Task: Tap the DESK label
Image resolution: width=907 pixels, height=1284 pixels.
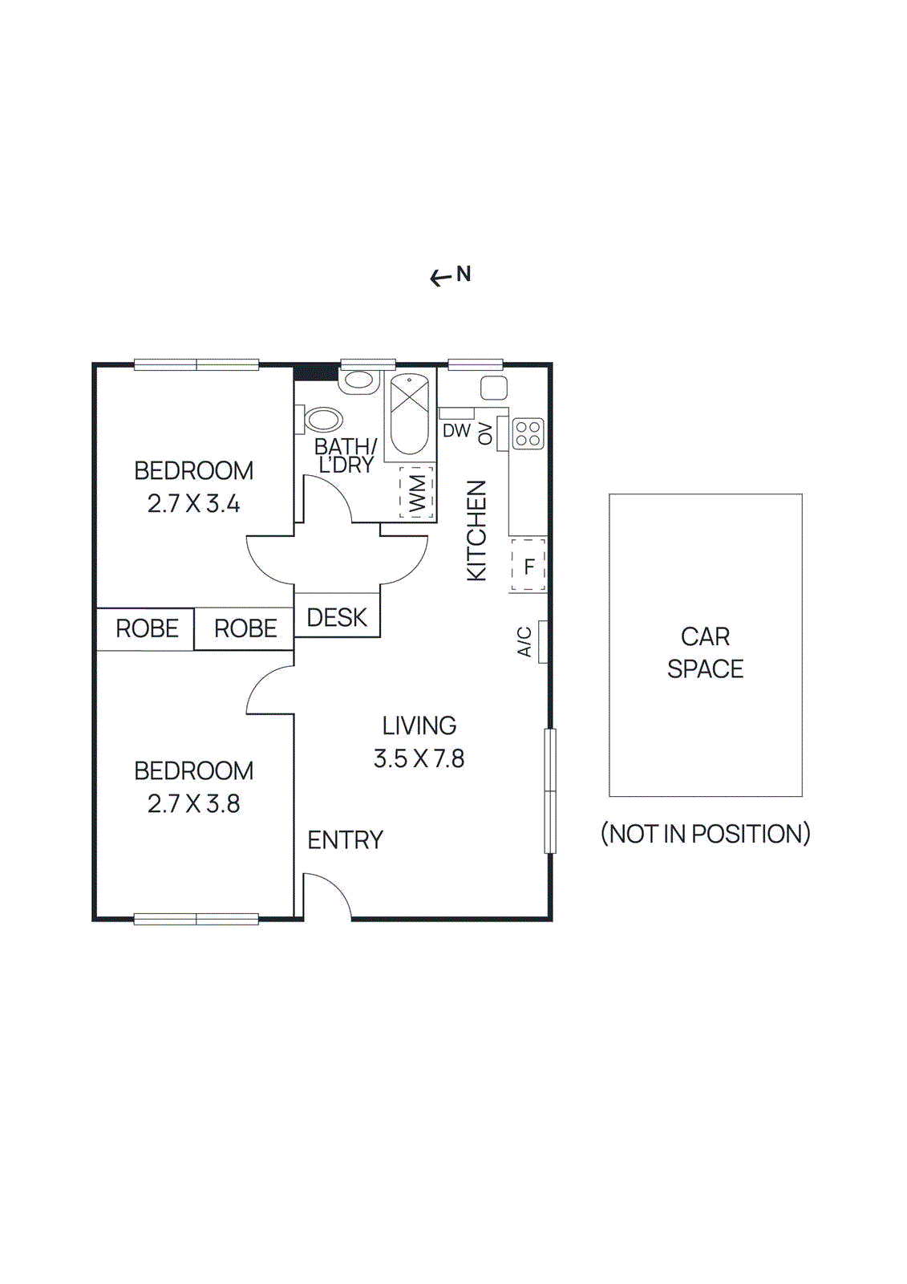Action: click(337, 617)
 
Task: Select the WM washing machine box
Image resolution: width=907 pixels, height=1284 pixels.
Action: click(416, 493)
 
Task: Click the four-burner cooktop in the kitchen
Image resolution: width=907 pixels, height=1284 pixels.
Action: click(528, 434)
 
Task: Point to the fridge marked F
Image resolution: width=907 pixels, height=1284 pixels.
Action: click(528, 566)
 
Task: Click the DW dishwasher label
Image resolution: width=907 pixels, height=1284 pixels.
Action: click(456, 431)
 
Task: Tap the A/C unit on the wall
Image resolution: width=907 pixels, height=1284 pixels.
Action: click(543, 641)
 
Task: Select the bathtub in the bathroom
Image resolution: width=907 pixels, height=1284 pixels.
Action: click(409, 415)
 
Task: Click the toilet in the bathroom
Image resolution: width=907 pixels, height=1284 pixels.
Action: click(322, 419)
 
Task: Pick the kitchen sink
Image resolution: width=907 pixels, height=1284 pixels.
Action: click(493, 388)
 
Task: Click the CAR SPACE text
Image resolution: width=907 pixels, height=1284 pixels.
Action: click(705, 652)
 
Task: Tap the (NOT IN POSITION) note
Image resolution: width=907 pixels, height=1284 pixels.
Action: click(705, 834)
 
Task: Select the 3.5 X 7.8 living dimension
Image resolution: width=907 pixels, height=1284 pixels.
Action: click(419, 758)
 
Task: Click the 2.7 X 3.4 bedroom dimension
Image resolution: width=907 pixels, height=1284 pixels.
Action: click(193, 504)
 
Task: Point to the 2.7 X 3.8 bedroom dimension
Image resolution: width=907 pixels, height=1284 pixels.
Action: click(193, 804)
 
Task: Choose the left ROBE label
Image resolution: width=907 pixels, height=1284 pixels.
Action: click(147, 628)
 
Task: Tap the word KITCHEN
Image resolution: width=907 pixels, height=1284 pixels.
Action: click(476, 530)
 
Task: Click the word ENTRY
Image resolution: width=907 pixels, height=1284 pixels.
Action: click(345, 840)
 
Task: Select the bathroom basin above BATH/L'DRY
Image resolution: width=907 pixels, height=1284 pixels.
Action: click(358, 380)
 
